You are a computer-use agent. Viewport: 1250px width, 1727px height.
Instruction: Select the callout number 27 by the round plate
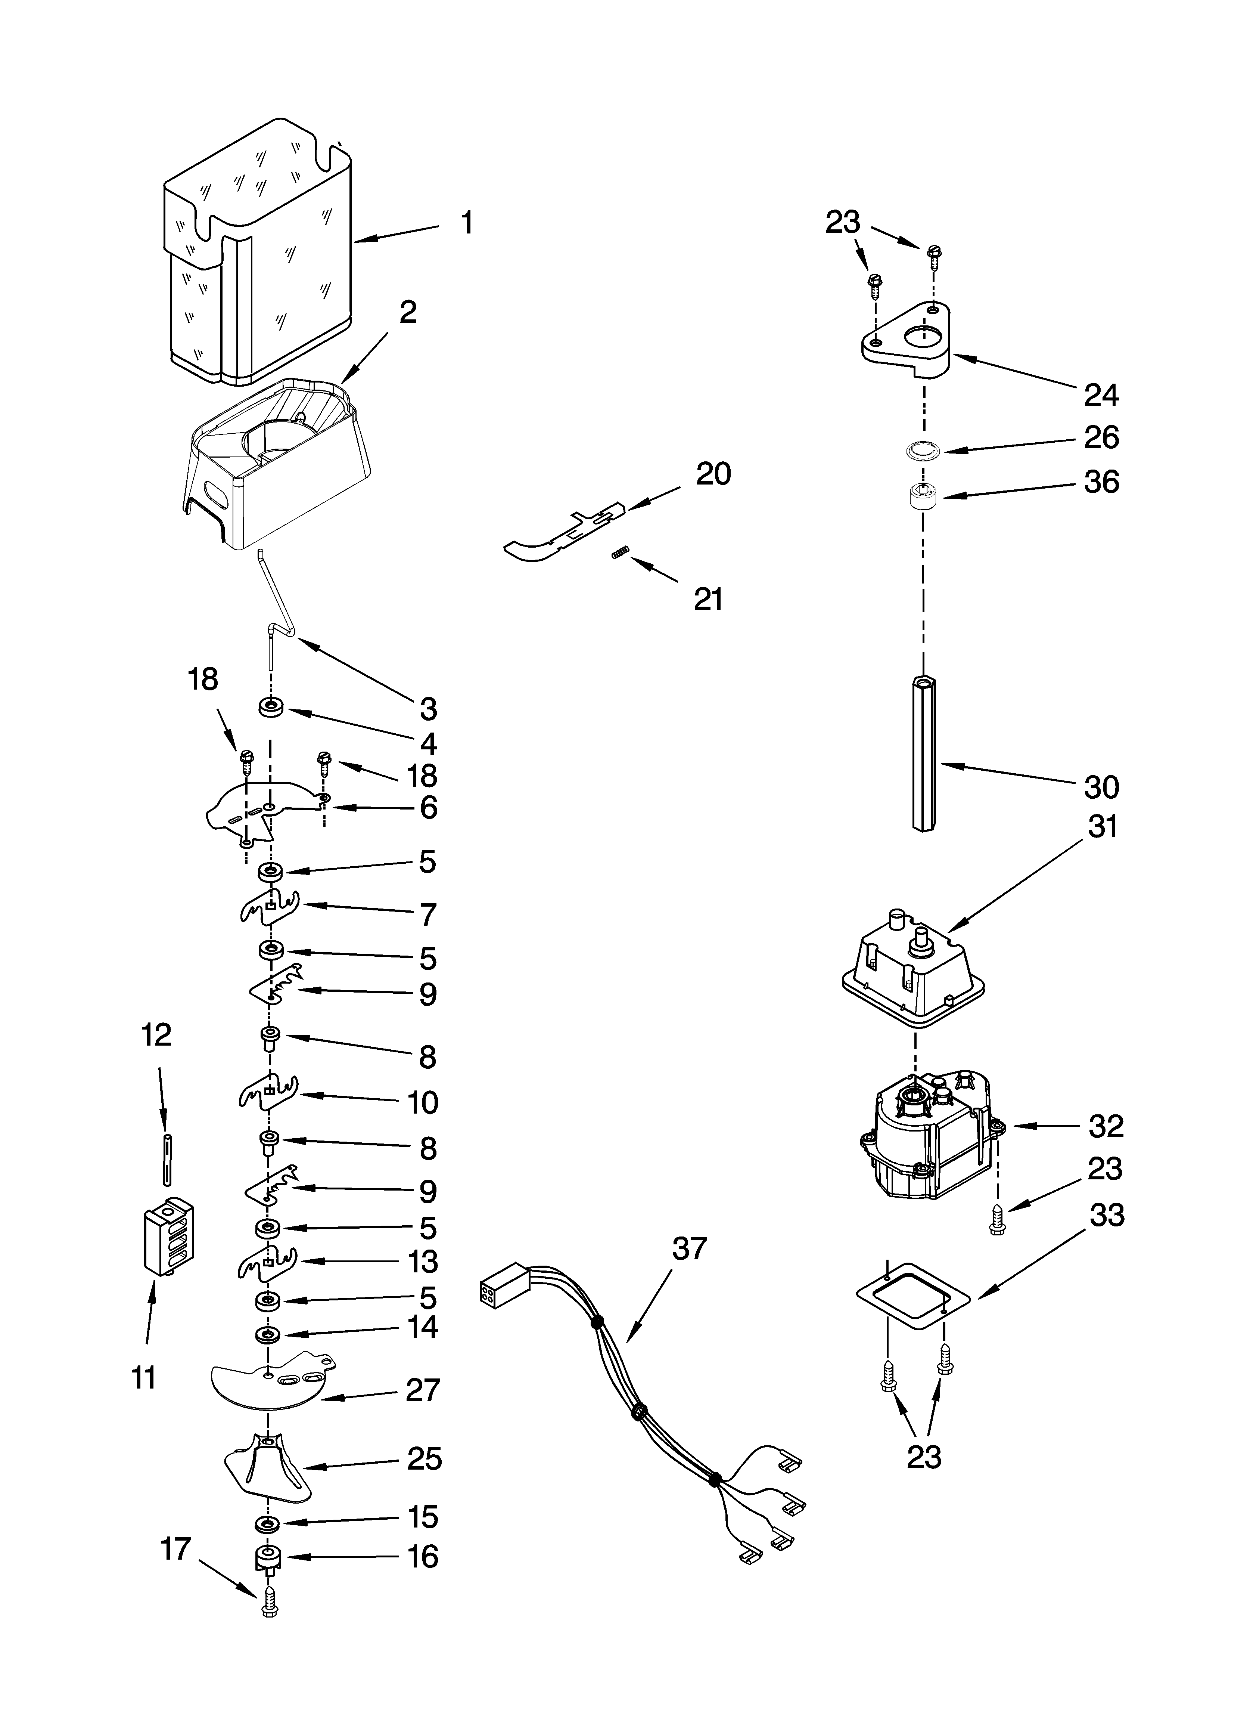tap(423, 1390)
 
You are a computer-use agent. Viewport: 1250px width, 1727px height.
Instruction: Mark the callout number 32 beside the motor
tap(1106, 1126)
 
